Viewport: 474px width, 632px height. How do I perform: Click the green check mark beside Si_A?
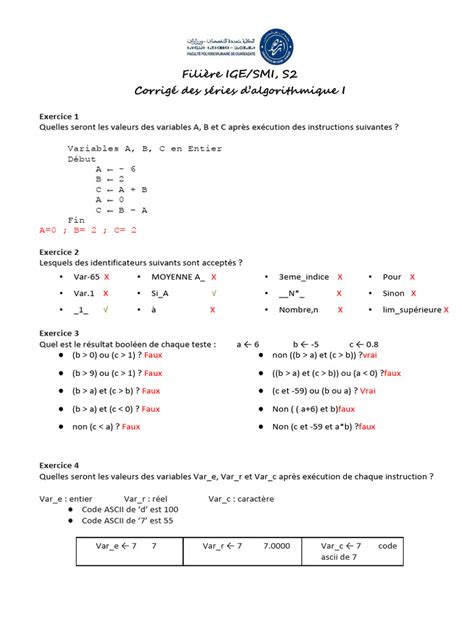213,294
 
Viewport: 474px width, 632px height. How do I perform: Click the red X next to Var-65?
107,276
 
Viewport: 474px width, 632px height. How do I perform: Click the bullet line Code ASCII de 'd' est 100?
126,508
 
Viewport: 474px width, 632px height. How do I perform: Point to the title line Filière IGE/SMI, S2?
238,76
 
